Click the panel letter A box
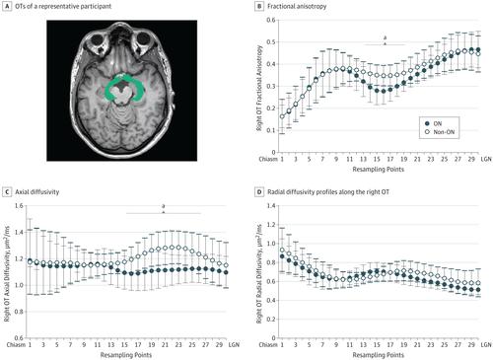coord(8,8)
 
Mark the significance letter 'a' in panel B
coord(385,40)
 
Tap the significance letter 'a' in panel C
coord(163,206)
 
